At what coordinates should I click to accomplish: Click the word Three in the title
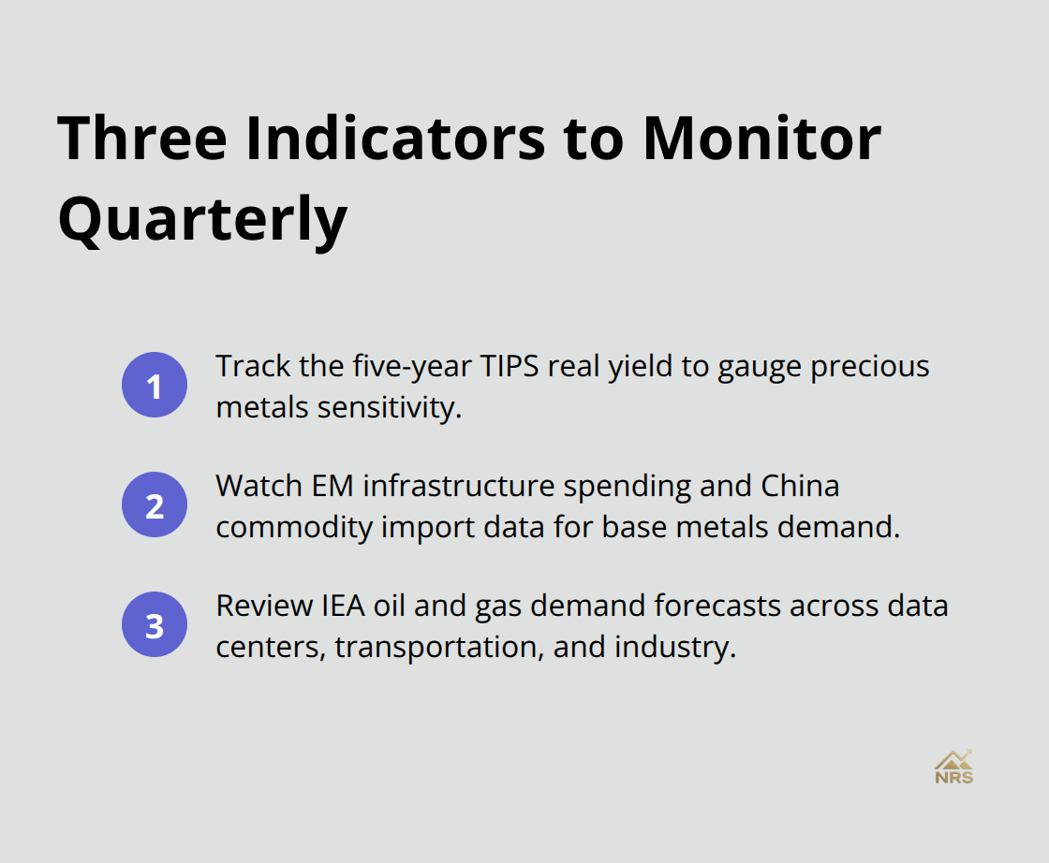pyautogui.click(x=142, y=139)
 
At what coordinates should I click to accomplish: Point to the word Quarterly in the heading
pyautogui.click(x=202, y=220)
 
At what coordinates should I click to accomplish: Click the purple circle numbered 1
pyautogui.click(x=155, y=386)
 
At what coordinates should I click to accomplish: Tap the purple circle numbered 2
pyautogui.click(x=155, y=505)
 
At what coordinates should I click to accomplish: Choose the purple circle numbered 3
pyautogui.click(x=155, y=625)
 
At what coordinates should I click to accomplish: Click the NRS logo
pyautogui.click(x=953, y=767)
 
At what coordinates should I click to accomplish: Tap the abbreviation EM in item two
pyautogui.click(x=338, y=486)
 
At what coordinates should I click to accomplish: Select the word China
pyautogui.click(x=800, y=486)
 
